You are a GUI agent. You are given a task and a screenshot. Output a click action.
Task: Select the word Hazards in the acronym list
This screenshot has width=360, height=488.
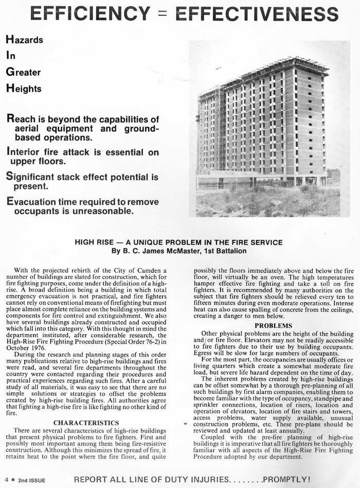(x=24, y=39)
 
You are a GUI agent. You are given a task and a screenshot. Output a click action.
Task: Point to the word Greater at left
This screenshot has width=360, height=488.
(x=23, y=72)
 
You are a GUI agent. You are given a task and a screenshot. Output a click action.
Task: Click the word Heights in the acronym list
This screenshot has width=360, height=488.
(x=24, y=89)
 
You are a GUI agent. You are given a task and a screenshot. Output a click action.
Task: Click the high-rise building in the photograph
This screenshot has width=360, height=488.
(x=262, y=124)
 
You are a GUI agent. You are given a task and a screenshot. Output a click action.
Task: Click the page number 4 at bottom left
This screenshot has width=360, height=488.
(x=6, y=480)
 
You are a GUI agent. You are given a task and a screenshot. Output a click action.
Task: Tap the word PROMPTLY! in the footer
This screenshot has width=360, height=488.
(x=288, y=480)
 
